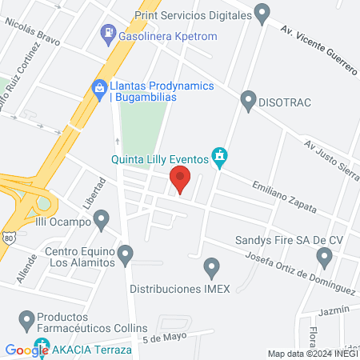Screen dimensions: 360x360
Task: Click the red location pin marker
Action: point(180,179)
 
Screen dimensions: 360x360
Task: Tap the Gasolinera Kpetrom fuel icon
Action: point(107,34)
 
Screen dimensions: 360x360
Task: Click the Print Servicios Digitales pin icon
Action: point(262,13)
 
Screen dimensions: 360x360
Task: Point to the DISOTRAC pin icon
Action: point(247,101)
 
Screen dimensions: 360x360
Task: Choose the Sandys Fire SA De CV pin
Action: point(324,257)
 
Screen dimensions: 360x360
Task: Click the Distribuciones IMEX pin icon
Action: point(211,266)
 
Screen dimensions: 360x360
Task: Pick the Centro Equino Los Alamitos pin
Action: point(126,255)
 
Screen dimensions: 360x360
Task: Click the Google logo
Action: point(26,350)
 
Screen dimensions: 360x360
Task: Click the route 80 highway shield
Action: point(7,238)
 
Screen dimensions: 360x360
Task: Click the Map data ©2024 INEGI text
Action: point(311,354)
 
